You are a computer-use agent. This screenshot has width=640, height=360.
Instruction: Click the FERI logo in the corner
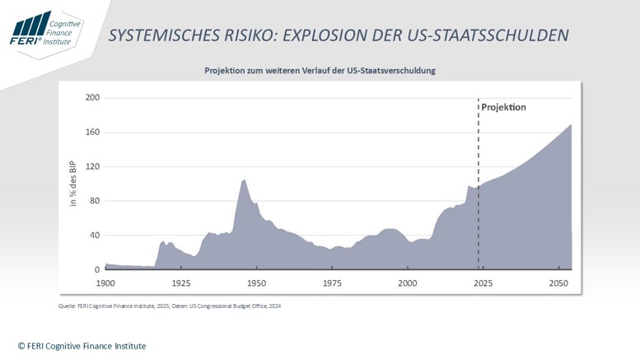point(45,30)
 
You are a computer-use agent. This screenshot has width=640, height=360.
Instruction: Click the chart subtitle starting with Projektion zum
point(320,71)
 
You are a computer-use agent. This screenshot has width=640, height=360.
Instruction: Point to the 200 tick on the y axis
point(92,97)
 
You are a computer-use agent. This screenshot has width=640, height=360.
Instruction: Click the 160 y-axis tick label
point(92,132)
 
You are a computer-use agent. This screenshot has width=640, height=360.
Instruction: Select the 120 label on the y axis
point(92,166)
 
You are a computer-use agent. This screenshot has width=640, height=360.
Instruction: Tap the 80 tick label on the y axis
point(95,201)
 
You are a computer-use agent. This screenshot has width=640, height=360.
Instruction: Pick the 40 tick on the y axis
point(95,236)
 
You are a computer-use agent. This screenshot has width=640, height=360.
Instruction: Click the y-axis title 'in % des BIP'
point(72,183)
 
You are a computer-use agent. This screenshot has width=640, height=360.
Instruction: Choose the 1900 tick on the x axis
point(105,283)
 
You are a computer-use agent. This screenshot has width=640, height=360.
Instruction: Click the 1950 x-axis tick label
point(256,283)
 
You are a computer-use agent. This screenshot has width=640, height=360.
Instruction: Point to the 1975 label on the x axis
point(332,283)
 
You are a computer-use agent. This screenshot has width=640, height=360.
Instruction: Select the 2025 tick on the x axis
point(483,283)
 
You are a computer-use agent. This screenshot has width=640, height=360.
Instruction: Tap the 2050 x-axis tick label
point(558,283)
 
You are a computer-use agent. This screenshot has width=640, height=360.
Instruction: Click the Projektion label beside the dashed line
point(503,107)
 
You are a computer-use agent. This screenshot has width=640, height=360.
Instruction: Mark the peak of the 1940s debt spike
point(244,180)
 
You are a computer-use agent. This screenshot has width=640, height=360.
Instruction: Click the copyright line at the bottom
point(82,346)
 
